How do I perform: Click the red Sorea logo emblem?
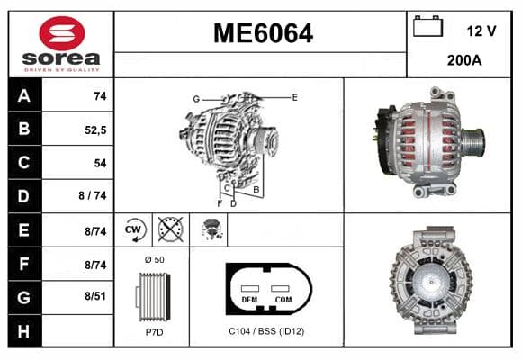[x=62, y=33]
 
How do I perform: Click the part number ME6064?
[x=263, y=33]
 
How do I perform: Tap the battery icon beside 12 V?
[x=427, y=26]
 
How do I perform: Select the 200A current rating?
[x=464, y=60]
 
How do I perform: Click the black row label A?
[x=24, y=95]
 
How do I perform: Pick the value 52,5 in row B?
[x=95, y=130]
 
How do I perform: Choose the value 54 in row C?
[x=100, y=163]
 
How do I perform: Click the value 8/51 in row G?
[x=95, y=296]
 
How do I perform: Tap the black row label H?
[x=24, y=331]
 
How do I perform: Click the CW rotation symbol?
[x=133, y=230]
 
